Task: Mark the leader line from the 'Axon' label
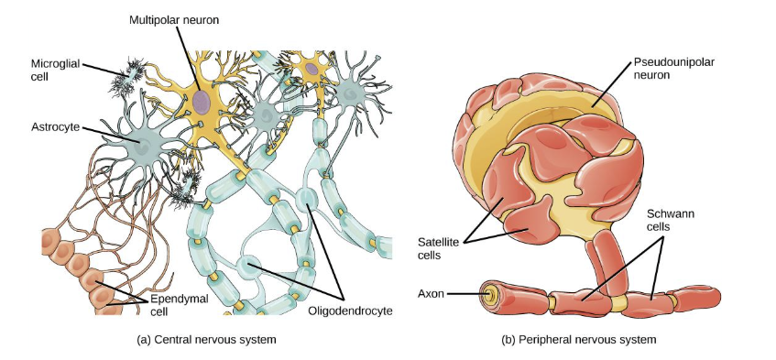pos(467,295)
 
